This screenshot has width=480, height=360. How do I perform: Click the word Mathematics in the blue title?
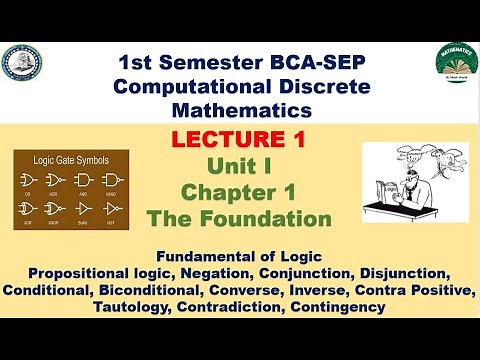pyautogui.click(x=238, y=108)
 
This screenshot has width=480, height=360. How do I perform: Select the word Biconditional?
pyautogui.click(x=175, y=288)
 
